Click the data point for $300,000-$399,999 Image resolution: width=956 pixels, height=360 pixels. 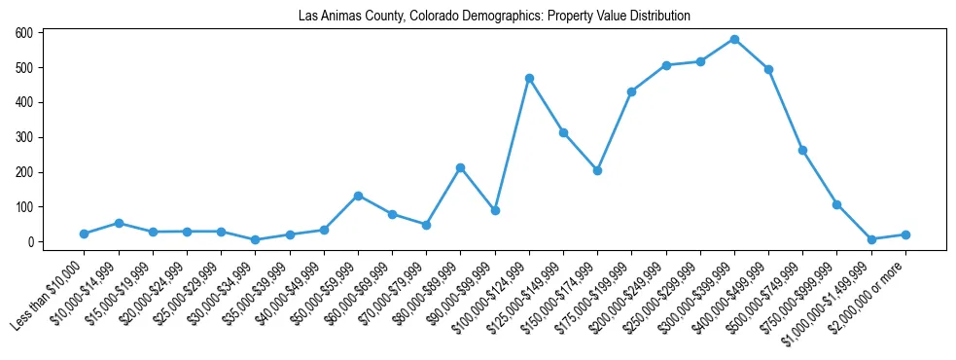734,39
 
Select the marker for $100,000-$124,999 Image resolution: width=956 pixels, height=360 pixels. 529,78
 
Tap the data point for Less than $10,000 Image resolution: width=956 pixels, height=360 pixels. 85,234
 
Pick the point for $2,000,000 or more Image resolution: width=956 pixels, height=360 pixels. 905,234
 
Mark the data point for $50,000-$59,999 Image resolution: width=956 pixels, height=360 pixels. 358,196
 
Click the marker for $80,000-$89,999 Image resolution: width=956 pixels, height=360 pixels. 461,167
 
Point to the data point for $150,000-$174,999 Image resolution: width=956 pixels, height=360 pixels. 597,170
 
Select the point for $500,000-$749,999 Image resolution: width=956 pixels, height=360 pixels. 802,150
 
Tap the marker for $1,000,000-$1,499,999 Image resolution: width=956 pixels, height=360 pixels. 871,239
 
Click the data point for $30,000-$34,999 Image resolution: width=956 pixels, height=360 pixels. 256,239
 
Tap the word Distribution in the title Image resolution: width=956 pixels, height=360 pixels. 658,17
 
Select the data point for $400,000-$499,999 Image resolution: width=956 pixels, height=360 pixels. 768,69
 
